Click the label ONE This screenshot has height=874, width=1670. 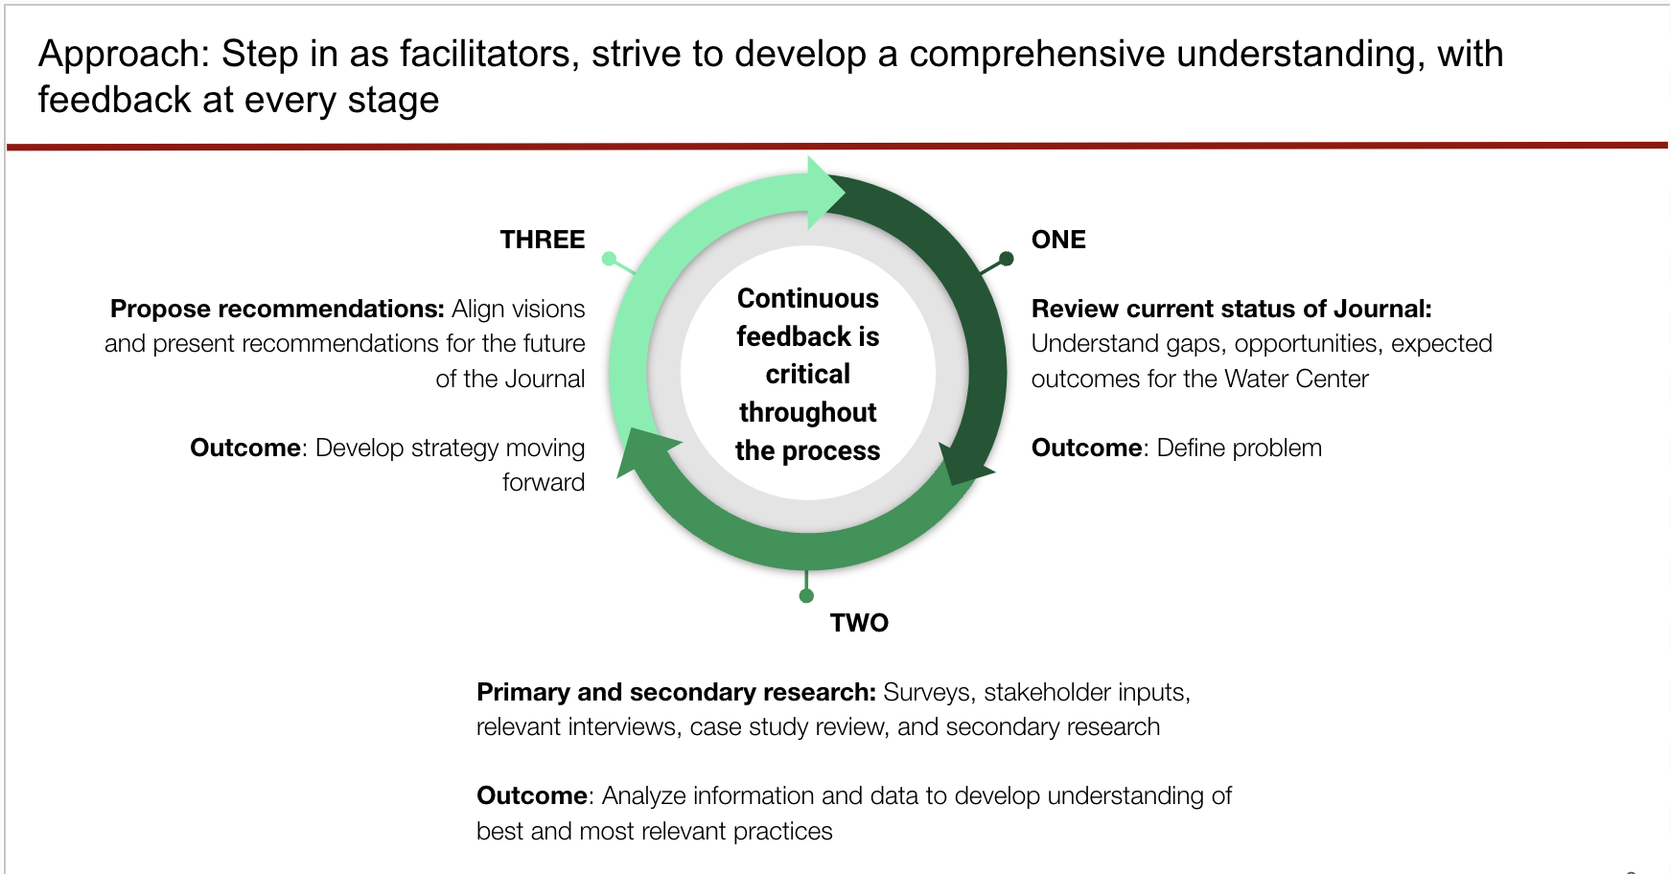click(x=1058, y=240)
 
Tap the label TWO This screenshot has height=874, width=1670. click(x=859, y=623)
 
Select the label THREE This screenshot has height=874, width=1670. click(x=543, y=240)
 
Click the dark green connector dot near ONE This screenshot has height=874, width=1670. click(x=1006, y=259)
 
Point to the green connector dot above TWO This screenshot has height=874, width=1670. click(x=806, y=596)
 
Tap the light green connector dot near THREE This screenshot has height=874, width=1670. click(x=609, y=259)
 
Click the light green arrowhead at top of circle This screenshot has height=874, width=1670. click(x=825, y=193)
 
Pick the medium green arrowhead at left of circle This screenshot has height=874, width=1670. click(x=646, y=452)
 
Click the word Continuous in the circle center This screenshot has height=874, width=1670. click(x=807, y=299)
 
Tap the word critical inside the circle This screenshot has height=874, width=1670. click(x=807, y=374)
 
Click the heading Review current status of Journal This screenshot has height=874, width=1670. click(x=1232, y=309)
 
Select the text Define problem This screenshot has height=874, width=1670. click(x=1239, y=448)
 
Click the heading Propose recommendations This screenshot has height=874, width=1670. click(x=277, y=309)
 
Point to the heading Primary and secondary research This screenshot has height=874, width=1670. click(x=676, y=692)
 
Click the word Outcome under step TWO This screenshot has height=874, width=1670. click(x=532, y=795)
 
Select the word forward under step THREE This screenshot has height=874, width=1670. click(x=544, y=482)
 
